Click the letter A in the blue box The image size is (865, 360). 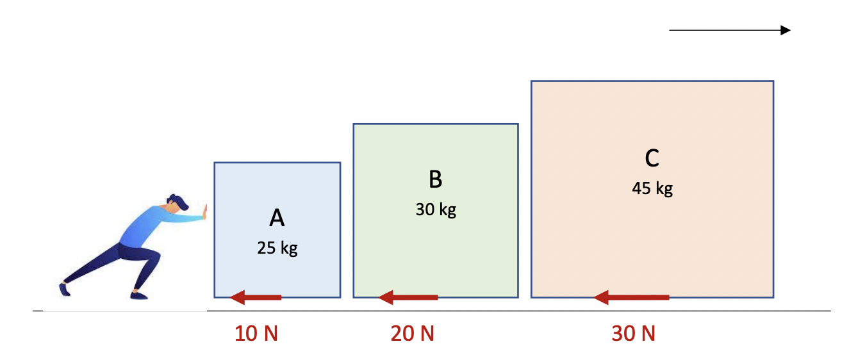(277, 219)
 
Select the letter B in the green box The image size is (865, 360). (436, 180)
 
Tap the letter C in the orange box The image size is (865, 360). (652, 158)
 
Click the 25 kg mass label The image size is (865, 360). (277, 248)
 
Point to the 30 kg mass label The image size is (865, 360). (436, 209)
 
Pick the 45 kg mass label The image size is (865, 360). (652, 188)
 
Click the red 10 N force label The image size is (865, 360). (256, 334)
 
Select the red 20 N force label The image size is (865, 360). (413, 334)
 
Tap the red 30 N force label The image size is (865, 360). (634, 334)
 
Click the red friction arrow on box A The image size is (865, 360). (256, 297)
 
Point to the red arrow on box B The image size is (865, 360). (408, 297)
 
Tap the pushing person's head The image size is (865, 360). (177, 203)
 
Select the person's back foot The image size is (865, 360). (64, 289)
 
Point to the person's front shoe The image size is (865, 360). (139, 295)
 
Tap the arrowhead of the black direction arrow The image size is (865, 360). (785, 30)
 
